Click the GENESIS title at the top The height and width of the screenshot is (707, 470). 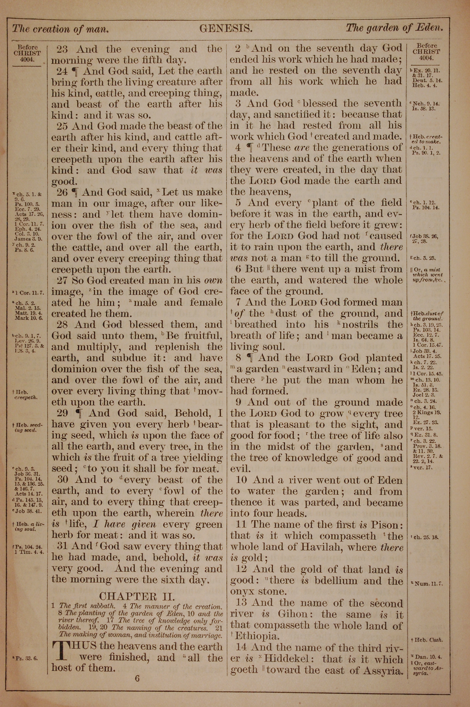click(x=226, y=28)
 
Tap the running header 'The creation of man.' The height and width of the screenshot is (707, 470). click(x=60, y=29)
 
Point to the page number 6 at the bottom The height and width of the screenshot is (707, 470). click(x=137, y=670)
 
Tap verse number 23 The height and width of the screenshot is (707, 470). click(x=62, y=49)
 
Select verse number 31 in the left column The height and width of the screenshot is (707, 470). click(x=62, y=546)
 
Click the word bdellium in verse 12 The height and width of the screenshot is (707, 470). click(x=336, y=581)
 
